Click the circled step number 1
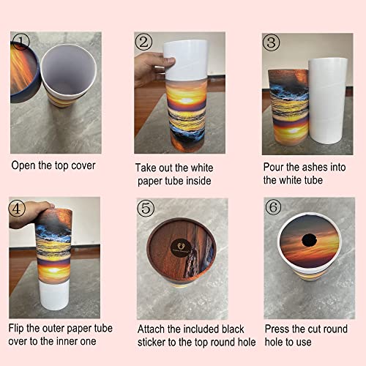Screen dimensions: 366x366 pyautogui.click(x=23, y=42)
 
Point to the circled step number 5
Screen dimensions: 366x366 pyautogui.click(x=147, y=207)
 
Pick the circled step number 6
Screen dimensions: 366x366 pyautogui.click(x=273, y=207)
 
